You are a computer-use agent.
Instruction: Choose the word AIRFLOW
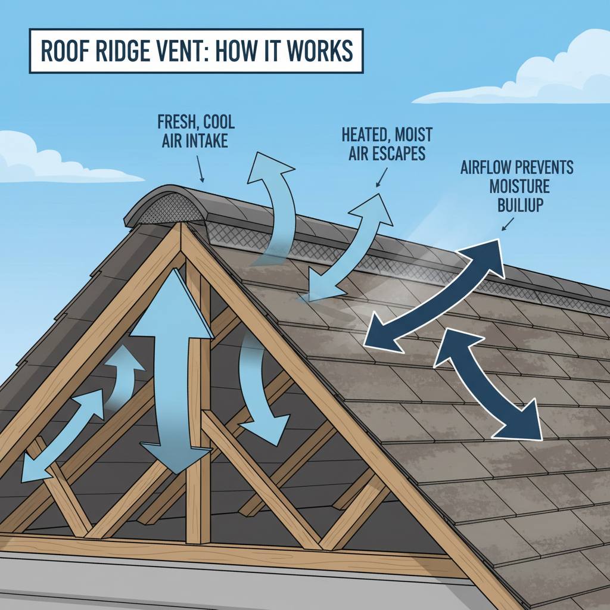[485, 167]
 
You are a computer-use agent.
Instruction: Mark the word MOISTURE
[518, 187]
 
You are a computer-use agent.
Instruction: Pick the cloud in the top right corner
[536, 71]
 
